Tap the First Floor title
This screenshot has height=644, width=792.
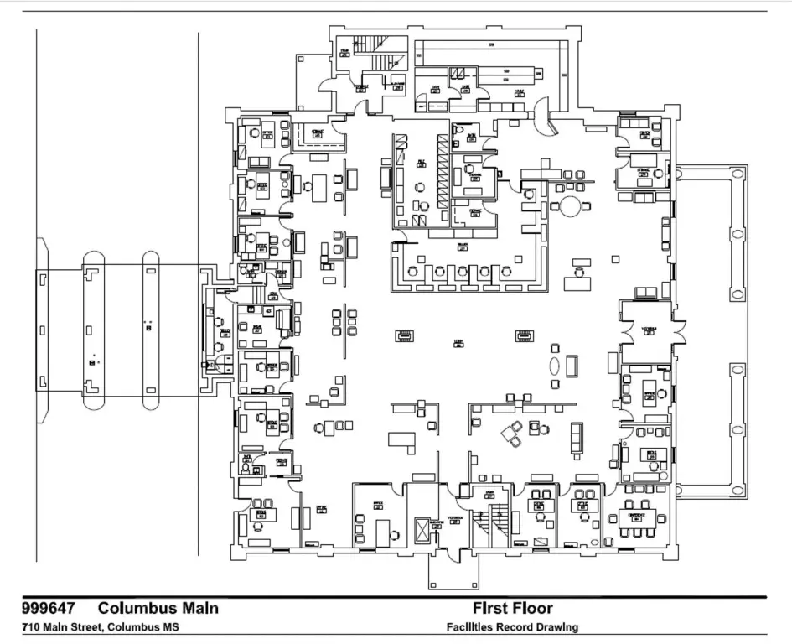tap(512, 608)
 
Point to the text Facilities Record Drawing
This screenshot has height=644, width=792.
tap(512, 627)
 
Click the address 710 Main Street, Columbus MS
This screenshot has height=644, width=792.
tap(100, 627)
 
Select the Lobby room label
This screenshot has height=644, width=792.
tap(458, 342)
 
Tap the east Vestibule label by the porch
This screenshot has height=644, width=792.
tap(650, 330)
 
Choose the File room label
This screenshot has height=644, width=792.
tap(422, 162)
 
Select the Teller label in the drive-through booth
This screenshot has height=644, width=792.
tap(225, 333)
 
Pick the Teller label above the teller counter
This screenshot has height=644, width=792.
tap(462, 247)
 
